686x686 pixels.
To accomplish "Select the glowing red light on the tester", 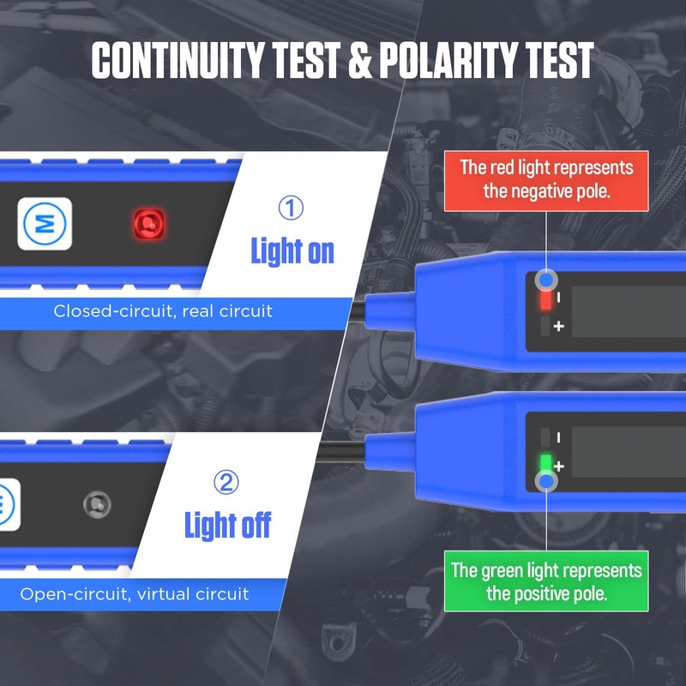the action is tap(148, 225).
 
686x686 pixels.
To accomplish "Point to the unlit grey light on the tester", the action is tap(97, 505).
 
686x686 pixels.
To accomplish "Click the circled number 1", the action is tap(292, 208).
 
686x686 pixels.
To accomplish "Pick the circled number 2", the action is tap(226, 484).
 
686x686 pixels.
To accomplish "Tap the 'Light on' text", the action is tap(292, 251).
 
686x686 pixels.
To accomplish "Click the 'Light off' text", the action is tap(227, 525).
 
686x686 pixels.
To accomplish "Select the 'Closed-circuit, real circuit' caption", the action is tap(163, 310).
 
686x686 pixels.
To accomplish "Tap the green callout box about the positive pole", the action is tap(546, 581).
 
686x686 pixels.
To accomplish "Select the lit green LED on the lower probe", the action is tap(545, 464).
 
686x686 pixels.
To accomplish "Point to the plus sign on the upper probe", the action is tap(560, 327).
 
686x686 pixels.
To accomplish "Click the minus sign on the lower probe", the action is tap(559, 436).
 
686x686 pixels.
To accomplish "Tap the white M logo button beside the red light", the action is tap(45, 225).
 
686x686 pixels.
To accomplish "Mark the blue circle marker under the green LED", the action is tap(546, 484).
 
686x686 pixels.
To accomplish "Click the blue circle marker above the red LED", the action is tap(546, 280).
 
